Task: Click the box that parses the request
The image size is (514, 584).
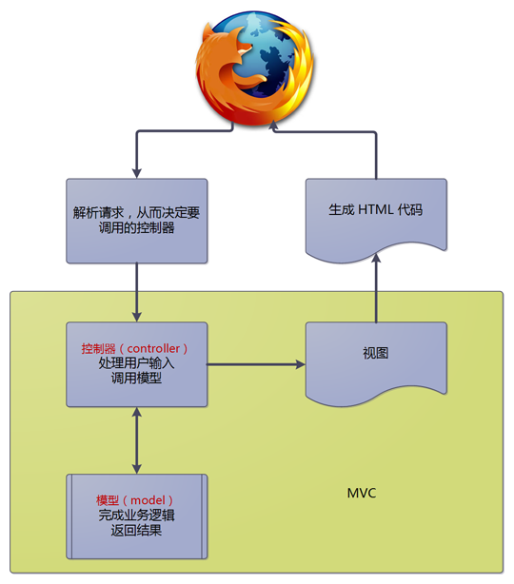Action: click(137, 220)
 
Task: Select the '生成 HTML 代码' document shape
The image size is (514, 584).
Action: click(376, 215)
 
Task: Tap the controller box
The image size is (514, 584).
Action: click(137, 364)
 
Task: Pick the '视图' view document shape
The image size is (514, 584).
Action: click(376, 360)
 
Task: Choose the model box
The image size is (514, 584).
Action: click(137, 516)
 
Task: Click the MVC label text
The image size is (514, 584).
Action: click(362, 493)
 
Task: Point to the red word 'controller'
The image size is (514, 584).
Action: click(165, 349)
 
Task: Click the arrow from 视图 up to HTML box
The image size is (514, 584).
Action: click(376, 290)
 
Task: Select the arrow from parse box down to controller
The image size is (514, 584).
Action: click(137, 292)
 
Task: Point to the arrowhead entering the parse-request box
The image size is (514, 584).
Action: click(137, 172)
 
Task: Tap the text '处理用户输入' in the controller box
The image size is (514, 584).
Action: click(136, 363)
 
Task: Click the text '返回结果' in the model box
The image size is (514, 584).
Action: click(136, 531)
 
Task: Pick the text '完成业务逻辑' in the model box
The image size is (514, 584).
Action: click(136, 516)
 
